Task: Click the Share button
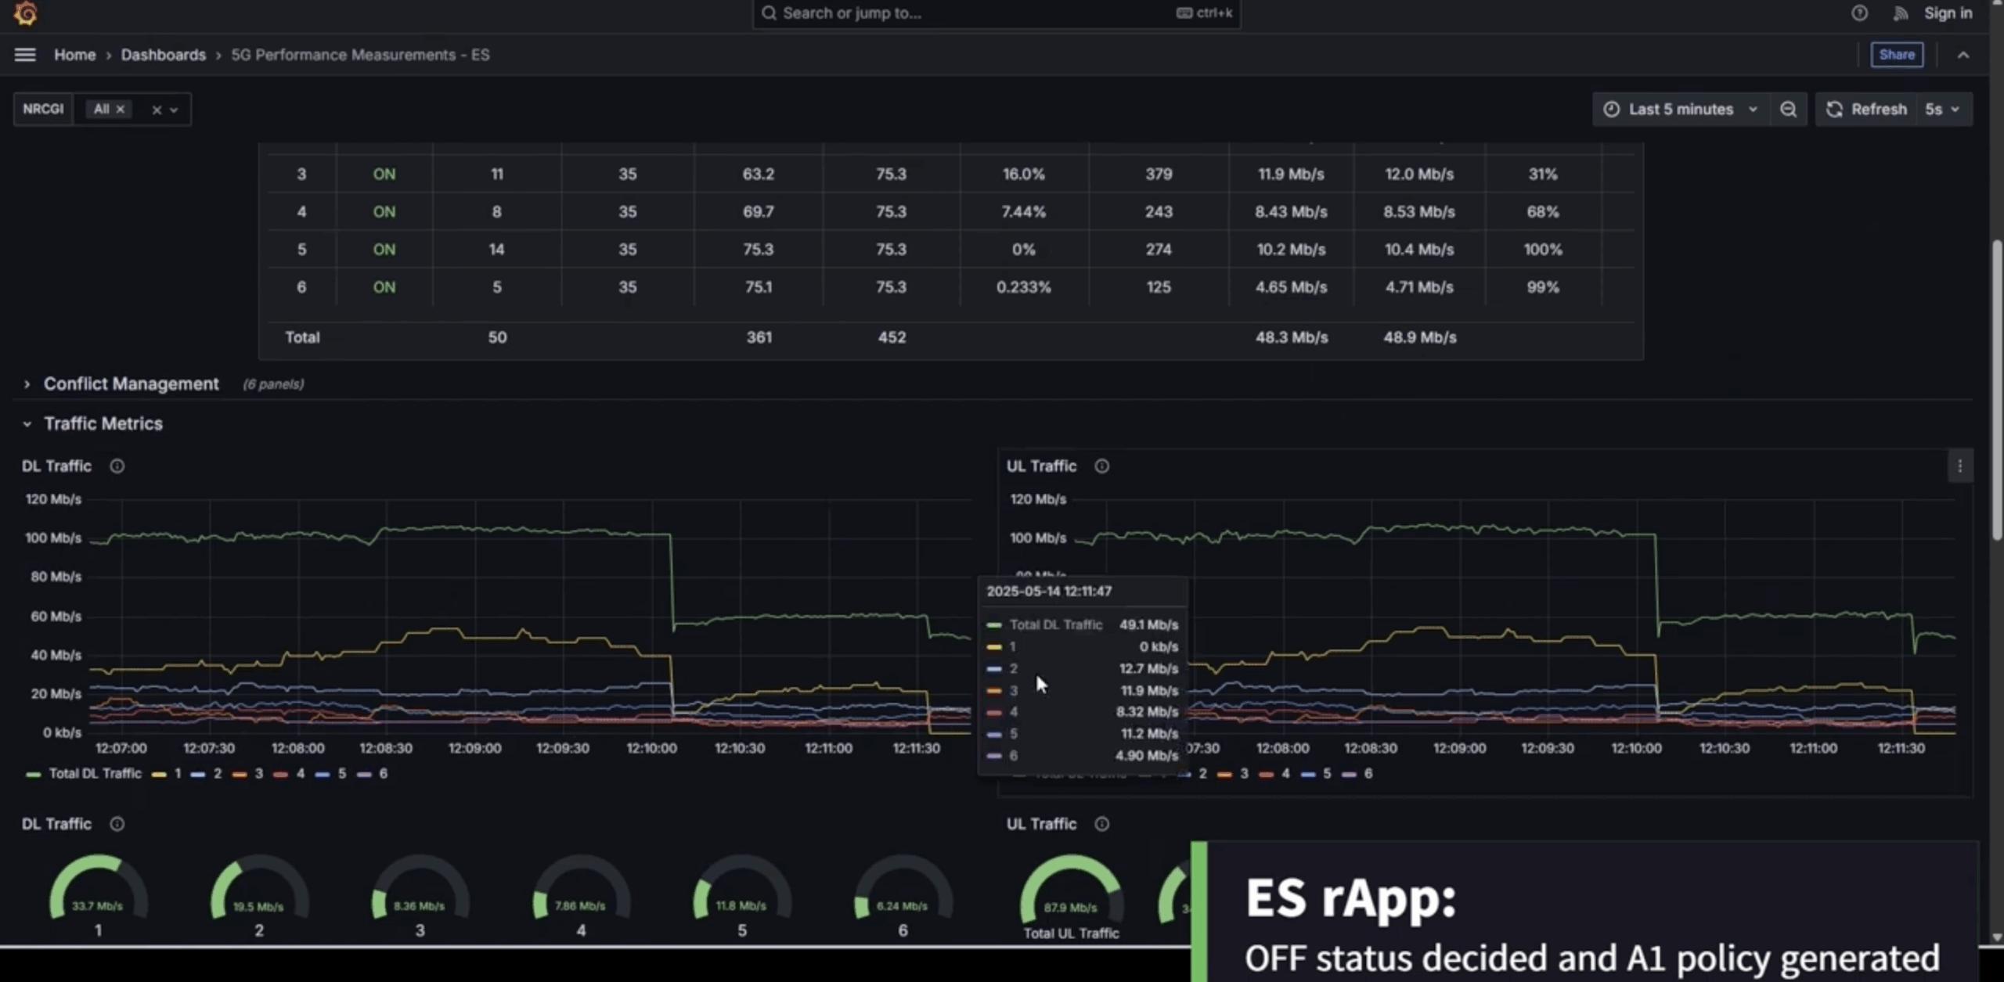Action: pyautogui.click(x=1896, y=55)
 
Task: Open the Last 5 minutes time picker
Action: pyautogui.click(x=1680, y=110)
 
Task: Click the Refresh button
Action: pyautogui.click(x=1867, y=110)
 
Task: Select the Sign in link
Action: pyautogui.click(x=1948, y=13)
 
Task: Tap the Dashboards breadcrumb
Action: pyautogui.click(x=163, y=55)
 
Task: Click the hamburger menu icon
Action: pyautogui.click(x=25, y=55)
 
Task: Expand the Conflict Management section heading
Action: pyautogui.click(x=131, y=384)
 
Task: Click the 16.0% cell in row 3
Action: pyautogui.click(x=1023, y=174)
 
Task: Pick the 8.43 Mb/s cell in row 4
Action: pyautogui.click(x=1291, y=212)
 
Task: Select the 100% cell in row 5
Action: pyautogui.click(x=1542, y=250)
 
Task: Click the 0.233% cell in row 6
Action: pyautogui.click(x=1023, y=287)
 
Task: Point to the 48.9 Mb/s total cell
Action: pyautogui.click(x=1419, y=337)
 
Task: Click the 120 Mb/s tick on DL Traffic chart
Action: pyautogui.click(x=53, y=499)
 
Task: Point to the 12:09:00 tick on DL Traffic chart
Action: pyautogui.click(x=474, y=748)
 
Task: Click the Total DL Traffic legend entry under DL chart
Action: pyautogui.click(x=94, y=774)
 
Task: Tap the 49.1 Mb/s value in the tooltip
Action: pyautogui.click(x=1148, y=625)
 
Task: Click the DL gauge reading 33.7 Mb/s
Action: pyautogui.click(x=98, y=896)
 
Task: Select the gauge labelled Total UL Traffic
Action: pyautogui.click(x=1071, y=900)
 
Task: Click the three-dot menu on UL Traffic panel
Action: pyautogui.click(x=1959, y=466)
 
